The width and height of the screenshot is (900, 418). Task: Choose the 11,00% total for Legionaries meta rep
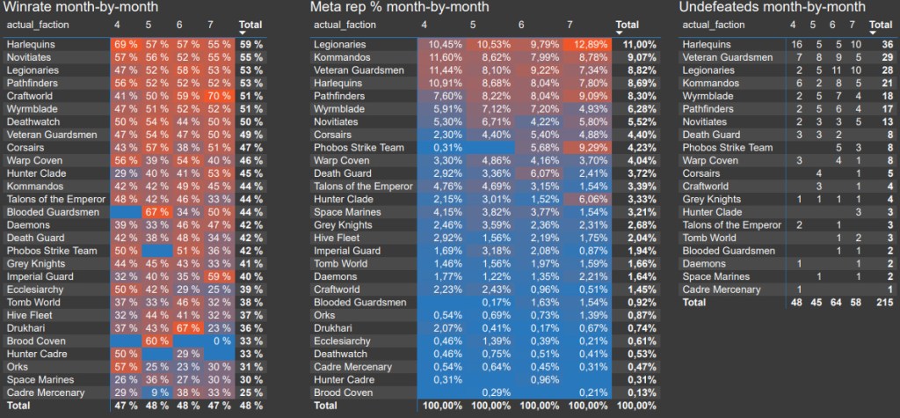[634, 44]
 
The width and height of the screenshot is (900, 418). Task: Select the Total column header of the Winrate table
[250, 25]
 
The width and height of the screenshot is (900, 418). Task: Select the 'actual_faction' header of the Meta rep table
[348, 25]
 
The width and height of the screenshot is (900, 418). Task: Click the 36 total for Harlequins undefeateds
[887, 44]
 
